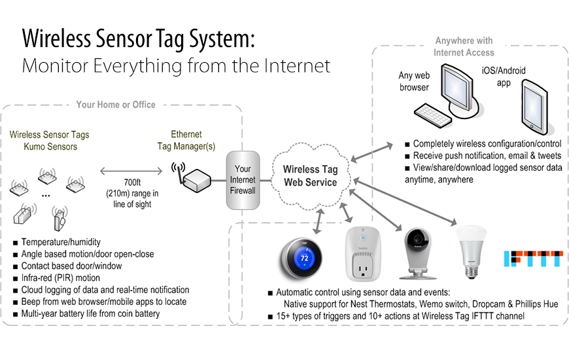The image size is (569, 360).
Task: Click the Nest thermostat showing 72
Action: pos(302,259)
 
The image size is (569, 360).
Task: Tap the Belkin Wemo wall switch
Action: pos(362,253)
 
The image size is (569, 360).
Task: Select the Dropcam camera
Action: pos(418,253)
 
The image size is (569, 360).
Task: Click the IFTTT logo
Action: pos(534,259)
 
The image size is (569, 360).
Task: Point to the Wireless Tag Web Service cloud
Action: pos(311,177)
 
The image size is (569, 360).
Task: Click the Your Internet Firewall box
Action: pos(243,180)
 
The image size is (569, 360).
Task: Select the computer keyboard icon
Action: pos(433,115)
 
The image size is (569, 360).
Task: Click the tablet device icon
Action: pos(535,107)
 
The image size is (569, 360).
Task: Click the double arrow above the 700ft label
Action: pos(131,171)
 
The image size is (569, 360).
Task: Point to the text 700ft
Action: pos(132,183)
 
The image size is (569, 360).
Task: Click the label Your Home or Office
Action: pos(116,105)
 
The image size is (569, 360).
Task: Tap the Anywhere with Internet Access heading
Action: pos(464,46)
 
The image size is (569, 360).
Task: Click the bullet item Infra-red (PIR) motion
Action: pos(61,278)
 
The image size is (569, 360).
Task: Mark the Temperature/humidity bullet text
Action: pos(61,242)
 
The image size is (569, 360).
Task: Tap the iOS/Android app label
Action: pos(504,77)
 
